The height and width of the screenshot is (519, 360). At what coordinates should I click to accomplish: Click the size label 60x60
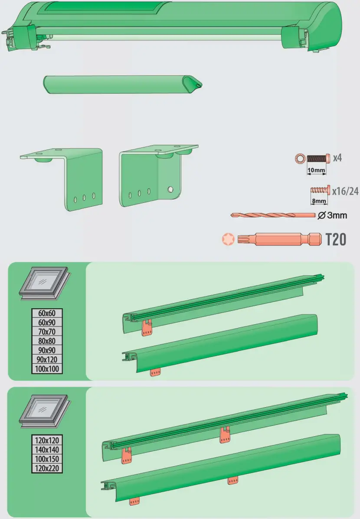[x=47, y=313]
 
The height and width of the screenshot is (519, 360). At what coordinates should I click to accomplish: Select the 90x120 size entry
[x=47, y=360]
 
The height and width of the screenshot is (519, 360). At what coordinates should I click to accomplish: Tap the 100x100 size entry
[x=47, y=369]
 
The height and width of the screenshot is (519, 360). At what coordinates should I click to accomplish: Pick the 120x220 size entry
[x=47, y=468]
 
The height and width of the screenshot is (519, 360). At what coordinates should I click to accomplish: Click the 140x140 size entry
[x=47, y=450]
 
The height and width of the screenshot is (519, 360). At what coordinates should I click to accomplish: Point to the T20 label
[x=336, y=239]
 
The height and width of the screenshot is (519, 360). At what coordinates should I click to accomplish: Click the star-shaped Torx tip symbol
[x=228, y=239]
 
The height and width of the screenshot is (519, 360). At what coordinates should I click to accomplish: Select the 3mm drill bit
[x=272, y=215]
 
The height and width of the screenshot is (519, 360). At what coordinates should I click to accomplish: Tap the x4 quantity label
[x=337, y=158]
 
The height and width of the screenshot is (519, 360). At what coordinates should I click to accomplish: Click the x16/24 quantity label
[x=344, y=190]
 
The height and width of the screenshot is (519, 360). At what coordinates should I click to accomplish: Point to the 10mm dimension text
[x=316, y=170]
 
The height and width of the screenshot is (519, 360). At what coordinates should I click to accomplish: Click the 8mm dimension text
[x=320, y=201]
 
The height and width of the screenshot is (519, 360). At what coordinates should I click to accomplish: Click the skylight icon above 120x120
[x=45, y=409]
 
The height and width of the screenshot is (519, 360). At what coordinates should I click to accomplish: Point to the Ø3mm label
[x=333, y=215]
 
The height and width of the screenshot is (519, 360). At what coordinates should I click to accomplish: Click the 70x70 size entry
[x=47, y=332]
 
